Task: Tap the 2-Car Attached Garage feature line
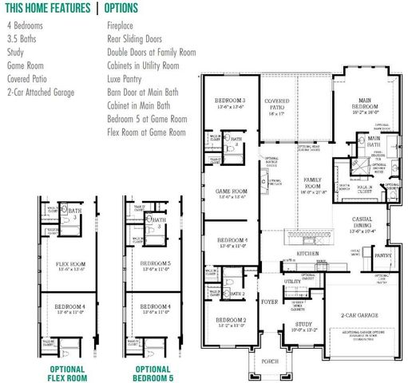[40, 93]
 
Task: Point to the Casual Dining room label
[357, 224]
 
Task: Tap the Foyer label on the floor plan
[265, 302]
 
